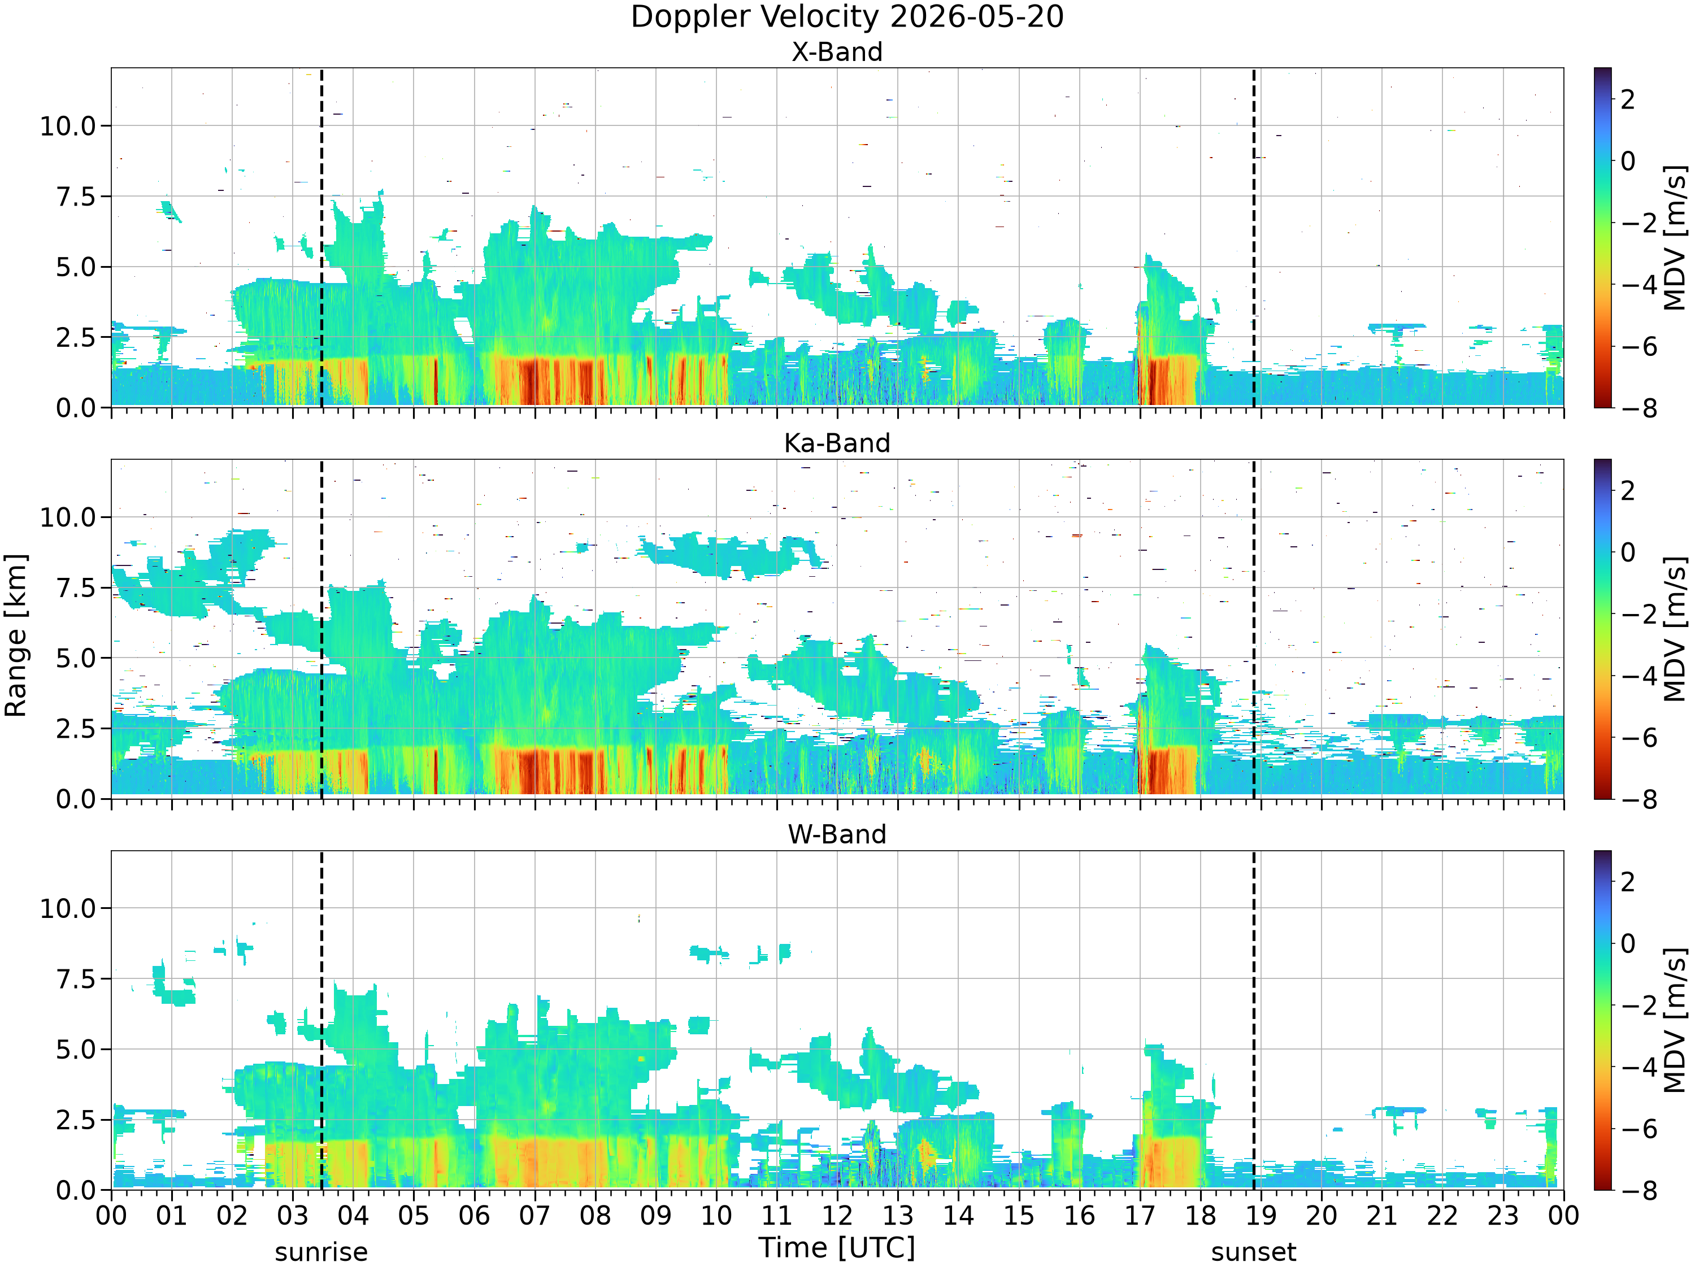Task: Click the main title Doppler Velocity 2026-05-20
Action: (x=847, y=17)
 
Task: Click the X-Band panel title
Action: (x=837, y=52)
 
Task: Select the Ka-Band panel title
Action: (x=837, y=443)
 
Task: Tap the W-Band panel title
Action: (x=837, y=834)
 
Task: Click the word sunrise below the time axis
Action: (x=321, y=1252)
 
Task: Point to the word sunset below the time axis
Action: (x=1254, y=1252)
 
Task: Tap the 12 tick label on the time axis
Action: (x=837, y=1216)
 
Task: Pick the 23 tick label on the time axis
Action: (x=1503, y=1216)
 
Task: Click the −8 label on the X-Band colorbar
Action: (x=1639, y=408)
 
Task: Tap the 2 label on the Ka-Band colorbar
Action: (x=1628, y=490)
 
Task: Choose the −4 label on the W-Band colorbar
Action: (x=1639, y=1067)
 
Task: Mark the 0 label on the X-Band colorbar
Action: (x=1628, y=161)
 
